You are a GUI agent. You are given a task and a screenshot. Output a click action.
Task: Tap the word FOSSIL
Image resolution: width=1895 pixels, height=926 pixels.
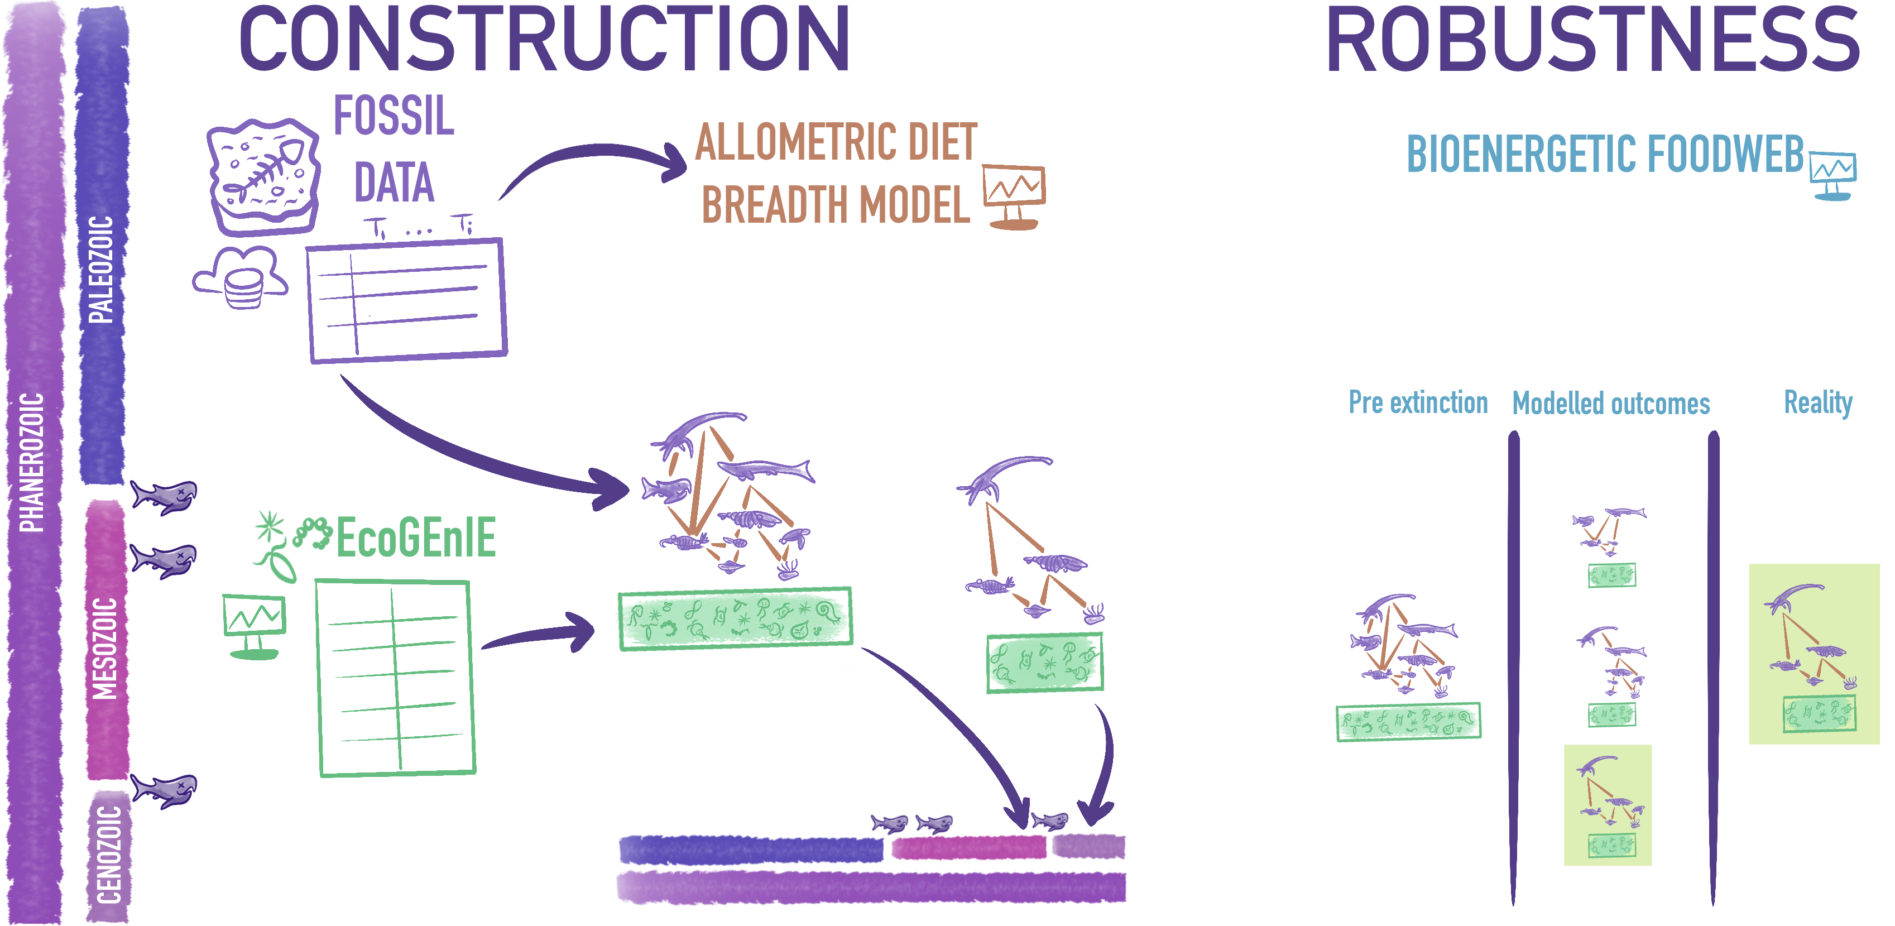coord(394,116)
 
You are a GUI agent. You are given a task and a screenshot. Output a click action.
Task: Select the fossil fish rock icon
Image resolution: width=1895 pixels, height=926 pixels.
coord(263,176)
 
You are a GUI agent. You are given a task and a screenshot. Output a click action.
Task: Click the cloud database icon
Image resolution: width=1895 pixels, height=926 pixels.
coord(241,278)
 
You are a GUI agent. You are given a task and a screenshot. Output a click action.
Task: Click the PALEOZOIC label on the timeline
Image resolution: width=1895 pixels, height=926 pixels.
coord(101,269)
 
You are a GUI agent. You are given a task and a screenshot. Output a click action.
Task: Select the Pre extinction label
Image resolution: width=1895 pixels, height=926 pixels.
coord(1418,403)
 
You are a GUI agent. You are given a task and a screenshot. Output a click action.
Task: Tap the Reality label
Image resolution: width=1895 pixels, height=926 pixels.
coord(1818,403)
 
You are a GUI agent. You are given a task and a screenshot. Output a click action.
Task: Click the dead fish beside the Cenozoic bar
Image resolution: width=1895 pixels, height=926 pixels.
coord(164,791)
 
